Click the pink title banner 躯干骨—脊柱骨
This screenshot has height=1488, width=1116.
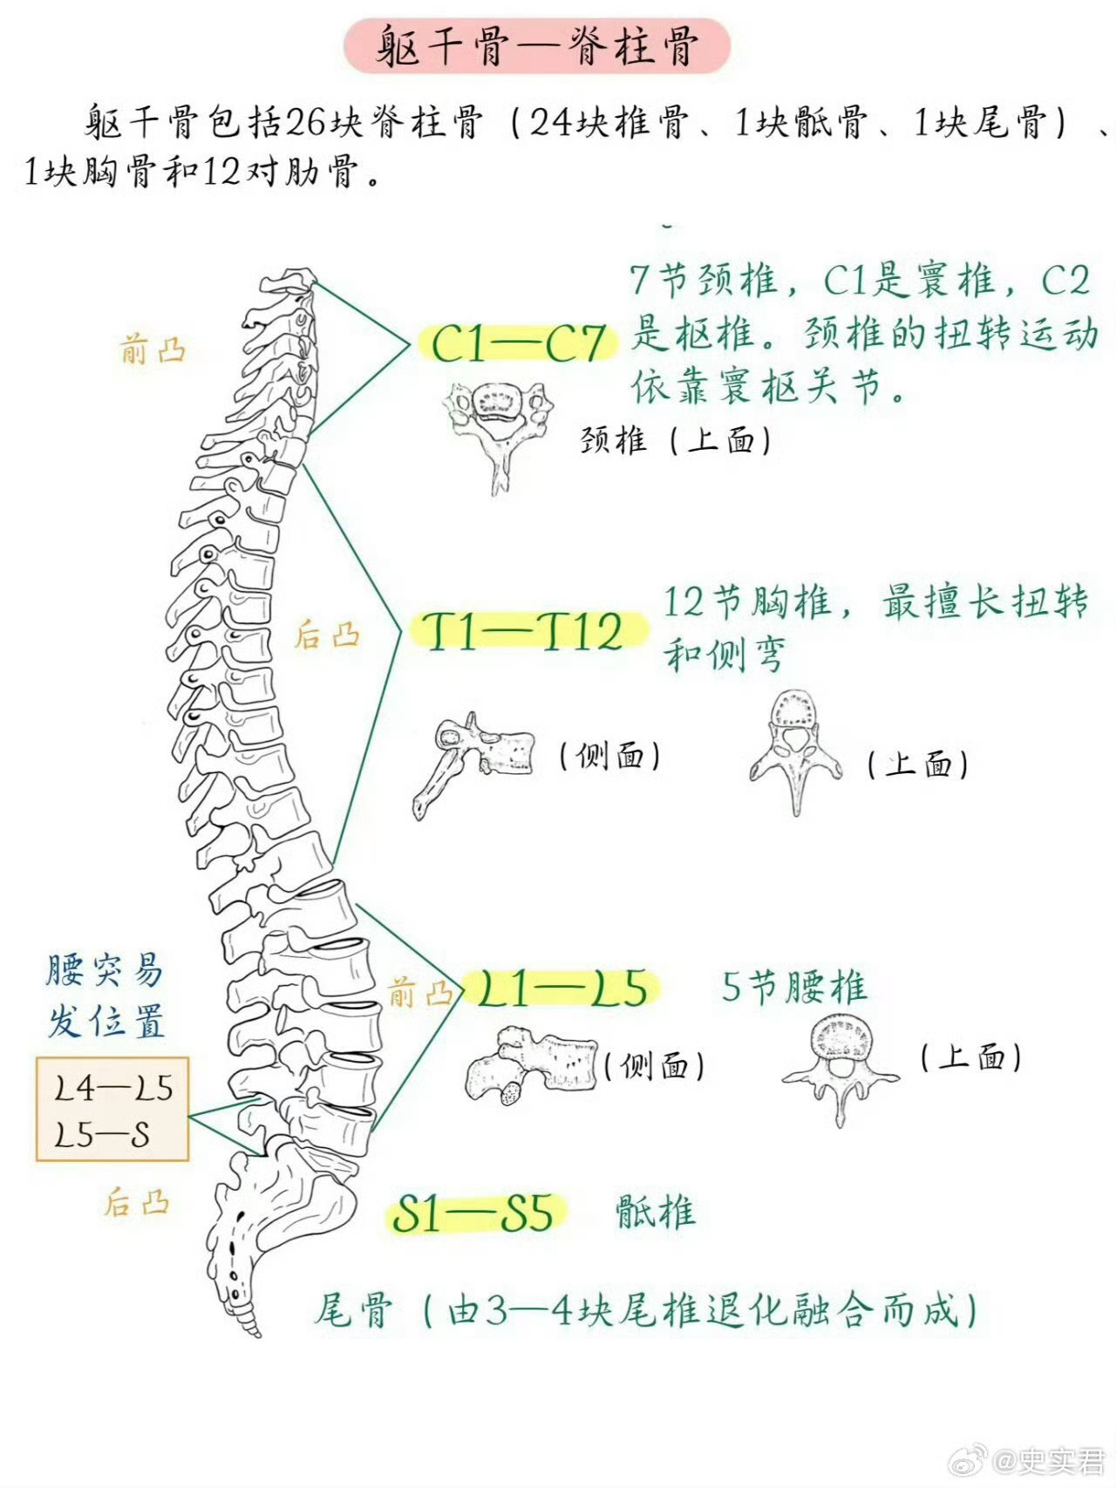[x=536, y=45]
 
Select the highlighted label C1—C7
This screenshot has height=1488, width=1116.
[x=518, y=343]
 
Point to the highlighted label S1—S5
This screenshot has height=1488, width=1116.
[x=474, y=1213]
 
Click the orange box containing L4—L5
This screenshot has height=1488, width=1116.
[x=112, y=1109]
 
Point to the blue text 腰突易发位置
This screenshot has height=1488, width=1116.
[x=105, y=995]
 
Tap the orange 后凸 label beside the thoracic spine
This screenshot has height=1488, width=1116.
[x=327, y=635]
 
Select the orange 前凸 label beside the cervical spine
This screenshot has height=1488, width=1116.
[x=153, y=350]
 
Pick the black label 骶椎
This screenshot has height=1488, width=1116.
[x=656, y=1213]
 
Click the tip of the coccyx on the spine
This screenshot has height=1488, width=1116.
[x=254, y=1331]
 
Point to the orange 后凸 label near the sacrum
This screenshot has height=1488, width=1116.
[x=136, y=1203]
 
